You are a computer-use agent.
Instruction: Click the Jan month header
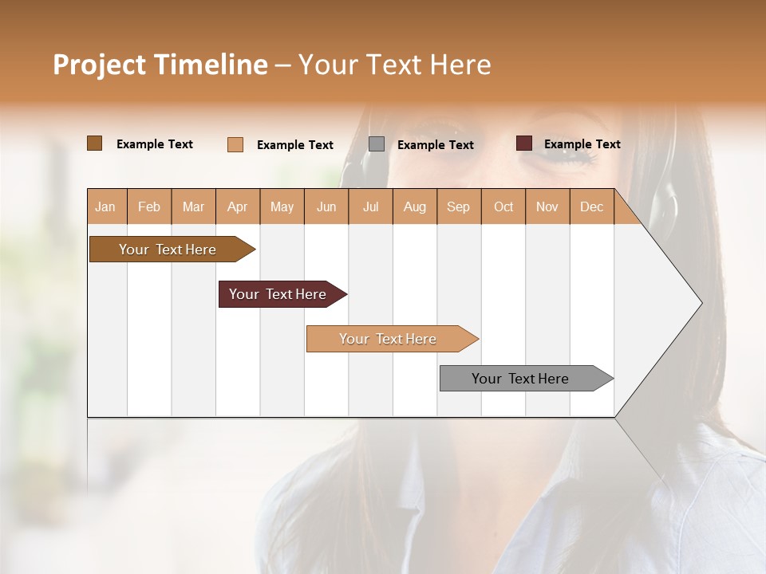point(105,206)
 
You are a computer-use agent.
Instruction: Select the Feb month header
point(149,206)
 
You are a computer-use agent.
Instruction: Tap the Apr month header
point(237,206)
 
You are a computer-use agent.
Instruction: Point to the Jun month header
point(326,206)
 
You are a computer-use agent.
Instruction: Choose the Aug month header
point(414,206)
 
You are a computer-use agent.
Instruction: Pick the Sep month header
point(458,206)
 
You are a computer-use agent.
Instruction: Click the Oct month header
point(503,206)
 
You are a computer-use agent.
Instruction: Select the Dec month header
point(591,206)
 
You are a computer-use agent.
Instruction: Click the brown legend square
point(95,143)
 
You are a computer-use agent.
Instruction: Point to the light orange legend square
point(235,144)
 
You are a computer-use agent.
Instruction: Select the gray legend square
point(377,144)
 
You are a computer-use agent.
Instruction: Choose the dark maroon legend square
point(524,143)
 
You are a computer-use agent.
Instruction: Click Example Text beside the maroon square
point(582,144)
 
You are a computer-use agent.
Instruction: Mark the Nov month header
point(547,206)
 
